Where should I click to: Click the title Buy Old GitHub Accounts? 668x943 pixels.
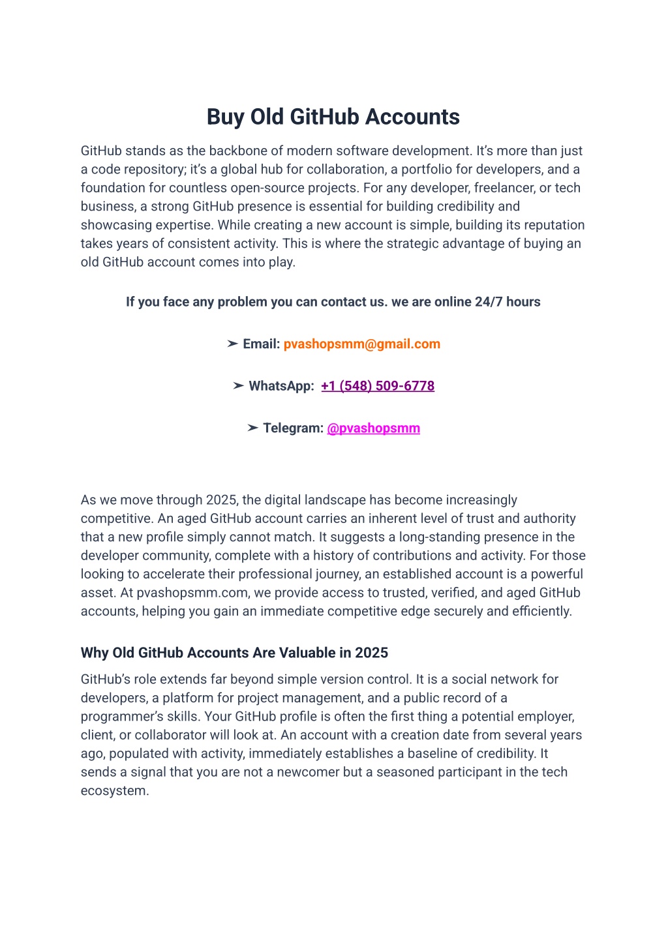coord(333,117)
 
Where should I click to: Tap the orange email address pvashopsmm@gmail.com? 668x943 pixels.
coord(362,344)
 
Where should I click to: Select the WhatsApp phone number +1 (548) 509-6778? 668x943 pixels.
coord(378,386)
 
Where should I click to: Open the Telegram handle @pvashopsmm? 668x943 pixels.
coord(373,428)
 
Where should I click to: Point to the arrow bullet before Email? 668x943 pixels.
coord(232,344)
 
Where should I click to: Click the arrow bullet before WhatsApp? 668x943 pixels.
coord(238,386)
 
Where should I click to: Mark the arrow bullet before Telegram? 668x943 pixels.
coord(252,428)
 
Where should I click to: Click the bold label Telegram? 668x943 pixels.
coord(293,428)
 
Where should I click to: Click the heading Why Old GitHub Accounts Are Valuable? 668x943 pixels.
coord(234,653)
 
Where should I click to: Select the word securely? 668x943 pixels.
coord(459,611)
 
